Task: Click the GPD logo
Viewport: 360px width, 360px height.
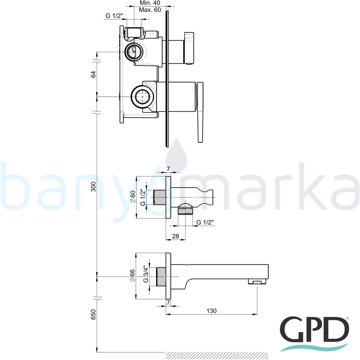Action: click(x=315, y=334)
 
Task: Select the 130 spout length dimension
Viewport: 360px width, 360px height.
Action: click(x=211, y=311)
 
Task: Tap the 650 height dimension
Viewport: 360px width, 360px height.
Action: click(x=93, y=315)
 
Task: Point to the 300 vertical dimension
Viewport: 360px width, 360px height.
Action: click(x=93, y=187)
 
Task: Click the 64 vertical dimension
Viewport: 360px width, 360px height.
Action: click(x=93, y=75)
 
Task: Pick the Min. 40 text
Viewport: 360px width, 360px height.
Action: click(x=150, y=3)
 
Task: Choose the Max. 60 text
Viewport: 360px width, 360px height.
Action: click(x=150, y=10)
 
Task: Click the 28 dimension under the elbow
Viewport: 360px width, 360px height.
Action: click(x=175, y=236)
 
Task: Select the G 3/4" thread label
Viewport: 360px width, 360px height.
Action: click(x=145, y=274)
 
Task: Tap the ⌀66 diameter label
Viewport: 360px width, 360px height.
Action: click(x=132, y=275)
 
